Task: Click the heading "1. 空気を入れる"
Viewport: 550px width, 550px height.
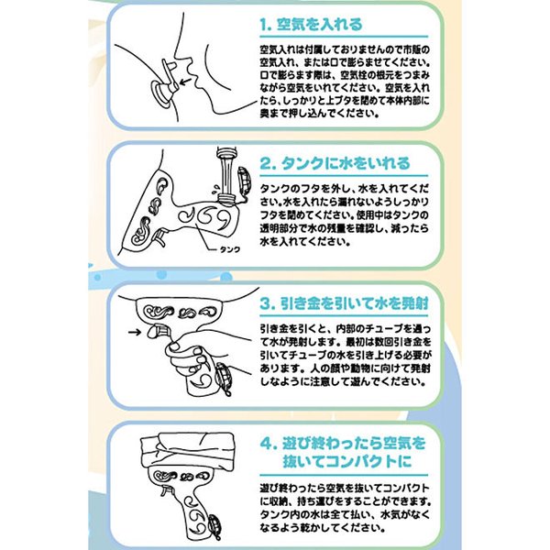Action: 311,25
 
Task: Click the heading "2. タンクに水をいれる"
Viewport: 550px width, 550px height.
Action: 335,163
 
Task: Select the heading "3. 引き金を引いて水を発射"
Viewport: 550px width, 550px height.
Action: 344,303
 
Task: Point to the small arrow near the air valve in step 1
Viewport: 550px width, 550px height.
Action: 185,82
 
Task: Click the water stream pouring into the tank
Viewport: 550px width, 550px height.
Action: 226,176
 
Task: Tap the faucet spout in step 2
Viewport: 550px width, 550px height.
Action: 226,153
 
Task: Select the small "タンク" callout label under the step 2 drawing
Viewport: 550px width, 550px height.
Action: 230,249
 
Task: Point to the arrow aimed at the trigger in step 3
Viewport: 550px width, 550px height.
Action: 135,332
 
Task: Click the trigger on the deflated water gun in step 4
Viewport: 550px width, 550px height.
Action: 166,490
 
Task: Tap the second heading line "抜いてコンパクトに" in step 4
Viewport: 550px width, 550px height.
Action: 347,461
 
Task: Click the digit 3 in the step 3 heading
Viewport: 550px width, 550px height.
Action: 265,303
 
